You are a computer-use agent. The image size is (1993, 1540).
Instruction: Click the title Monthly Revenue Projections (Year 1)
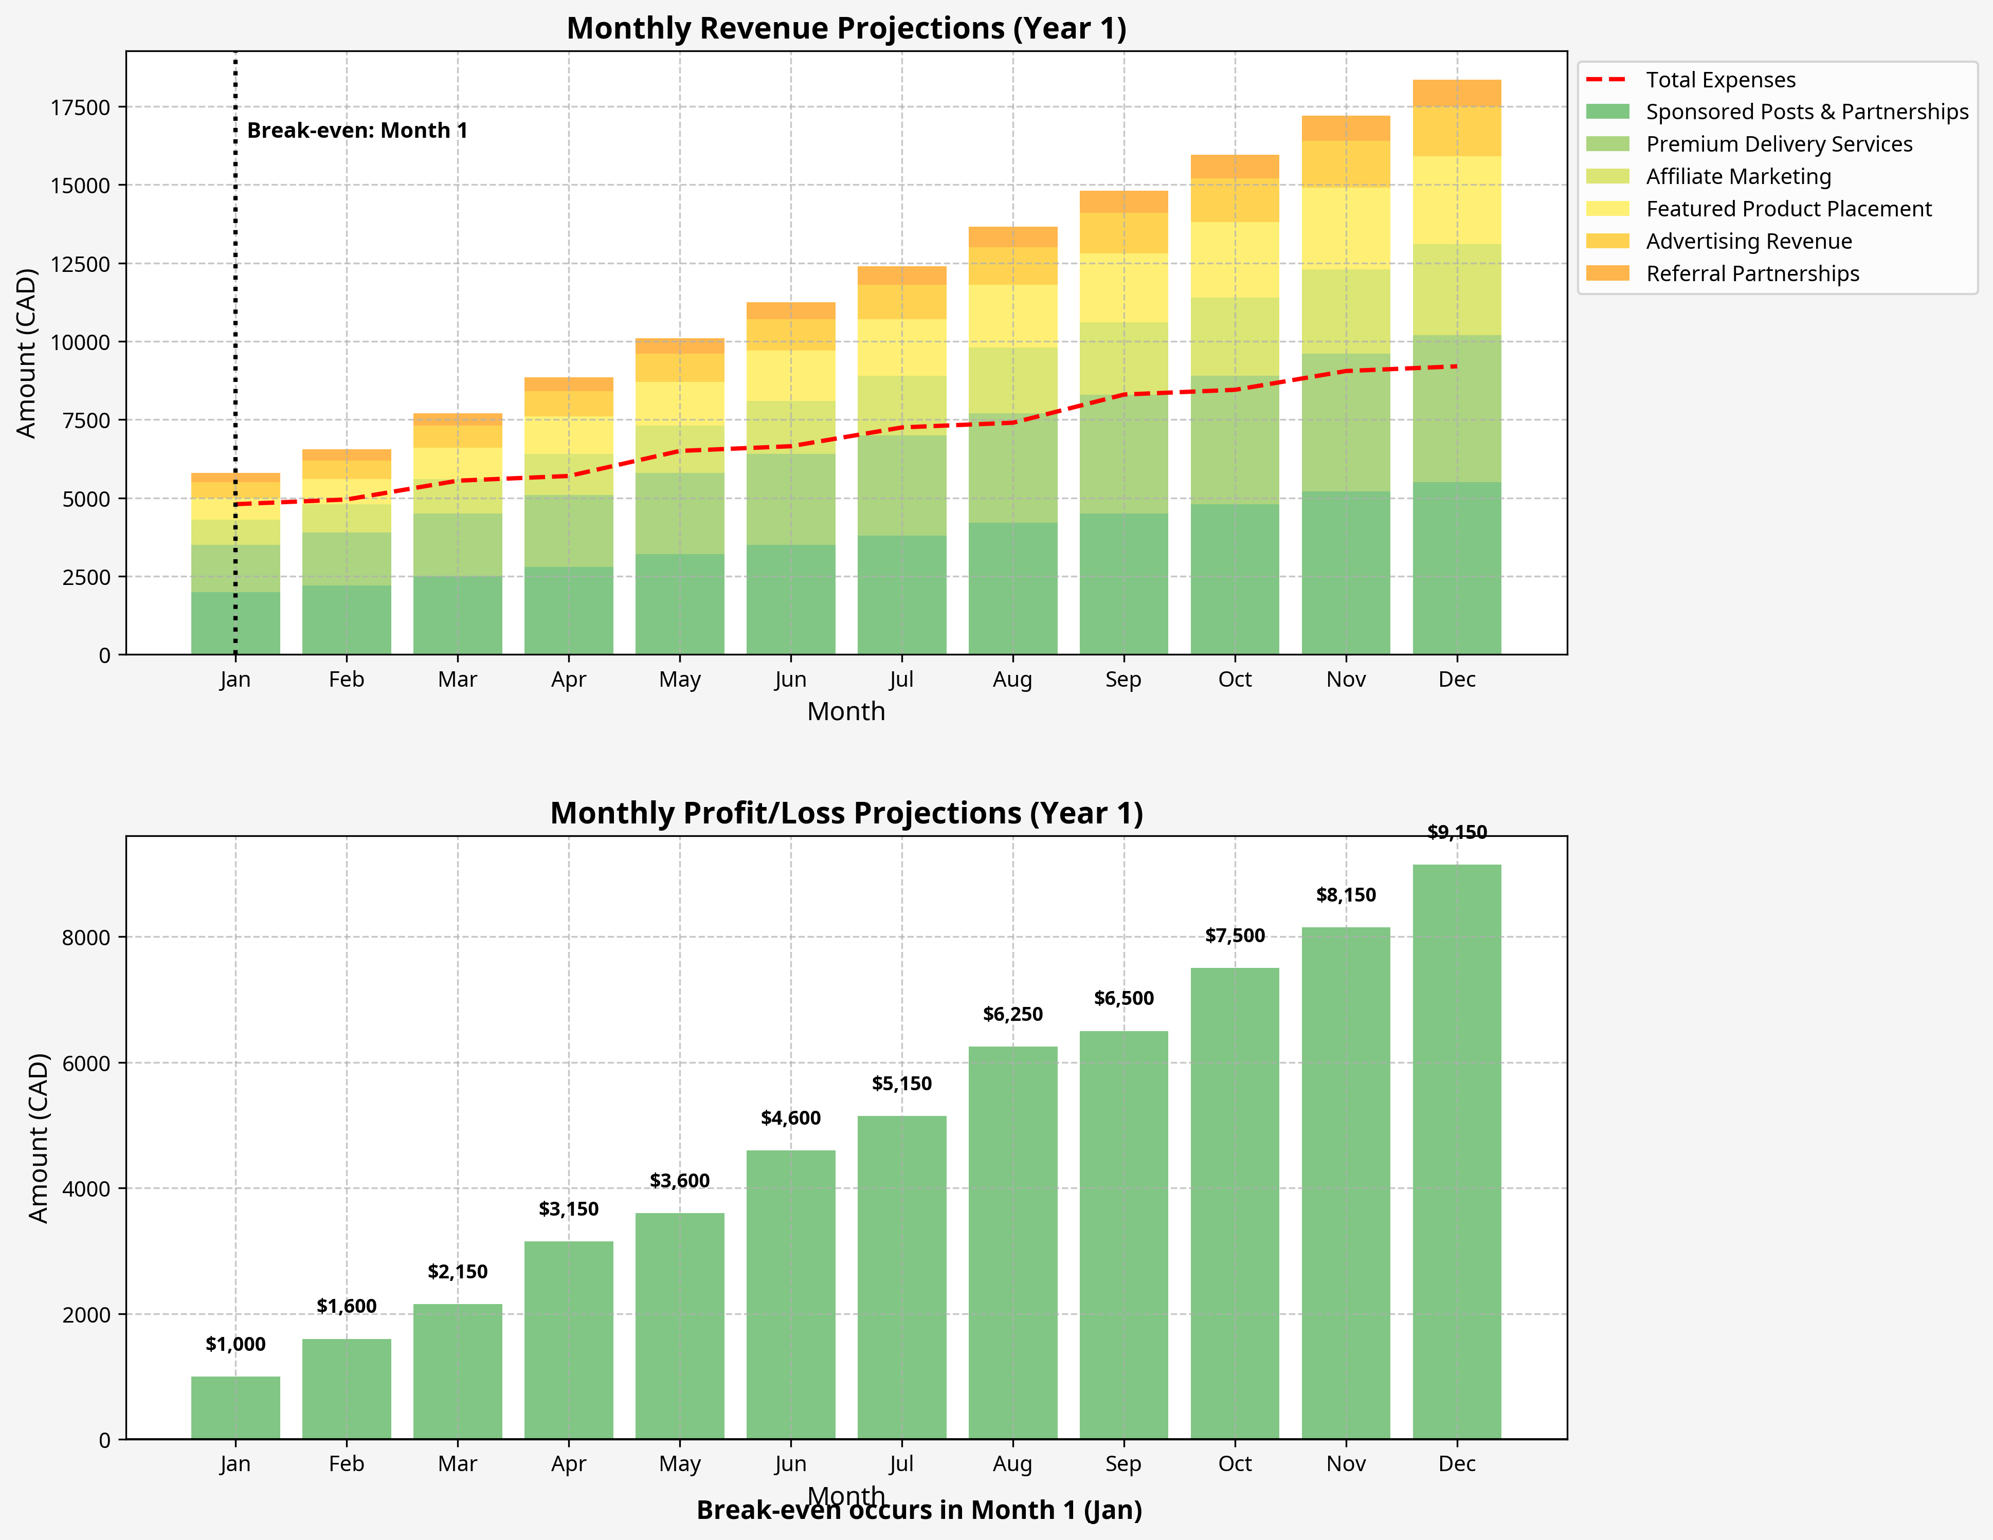846,28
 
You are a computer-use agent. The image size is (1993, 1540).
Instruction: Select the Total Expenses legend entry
1719,80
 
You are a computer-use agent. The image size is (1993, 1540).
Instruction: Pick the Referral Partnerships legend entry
1751,273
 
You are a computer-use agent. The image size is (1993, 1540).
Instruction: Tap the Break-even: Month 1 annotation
357,131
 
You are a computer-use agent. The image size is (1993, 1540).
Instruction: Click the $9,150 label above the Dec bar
1456,832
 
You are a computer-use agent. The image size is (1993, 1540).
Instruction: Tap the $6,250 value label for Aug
1012,1014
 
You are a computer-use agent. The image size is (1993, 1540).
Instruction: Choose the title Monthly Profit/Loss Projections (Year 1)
846,813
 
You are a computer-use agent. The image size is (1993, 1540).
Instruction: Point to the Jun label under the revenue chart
790,680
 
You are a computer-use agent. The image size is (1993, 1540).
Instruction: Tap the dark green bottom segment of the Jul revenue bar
901,595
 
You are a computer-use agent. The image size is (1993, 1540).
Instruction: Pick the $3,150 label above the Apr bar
569,1209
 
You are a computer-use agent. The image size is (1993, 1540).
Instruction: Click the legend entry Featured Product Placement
1788,209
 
